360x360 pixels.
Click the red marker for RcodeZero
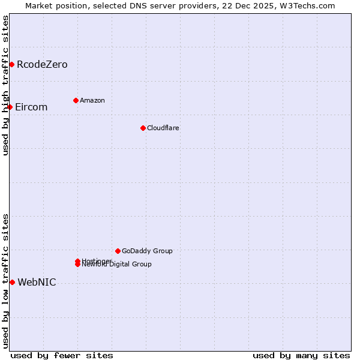(11, 64)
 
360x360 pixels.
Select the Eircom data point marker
(10, 107)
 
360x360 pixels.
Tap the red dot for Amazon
(76, 100)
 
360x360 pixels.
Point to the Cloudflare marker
(143, 128)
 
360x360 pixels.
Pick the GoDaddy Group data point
(118, 251)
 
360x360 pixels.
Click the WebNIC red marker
(12, 282)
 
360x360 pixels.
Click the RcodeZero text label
(42, 64)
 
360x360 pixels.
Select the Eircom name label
(31, 107)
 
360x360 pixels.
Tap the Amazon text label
(92, 100)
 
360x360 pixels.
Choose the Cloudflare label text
(163, 128)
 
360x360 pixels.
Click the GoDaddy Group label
(147, 251)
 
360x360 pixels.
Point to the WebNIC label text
(37, 282)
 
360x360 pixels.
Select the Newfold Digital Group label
(118, 265)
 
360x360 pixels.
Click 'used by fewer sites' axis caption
(62, 356)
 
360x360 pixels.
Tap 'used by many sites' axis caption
(301, 356)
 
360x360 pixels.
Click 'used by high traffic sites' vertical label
(5, 85)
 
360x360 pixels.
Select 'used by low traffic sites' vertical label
(5, 280)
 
